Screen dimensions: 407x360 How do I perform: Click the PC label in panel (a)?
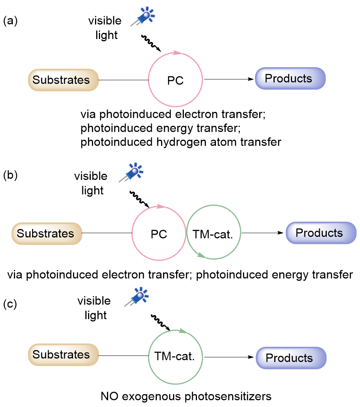(x=175, y=81)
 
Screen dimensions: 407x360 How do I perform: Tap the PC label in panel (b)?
(x=159, y=234)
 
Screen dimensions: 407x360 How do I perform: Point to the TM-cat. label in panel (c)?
(x=176, y=356)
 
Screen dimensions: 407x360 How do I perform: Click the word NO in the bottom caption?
(x=109, y=396)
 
